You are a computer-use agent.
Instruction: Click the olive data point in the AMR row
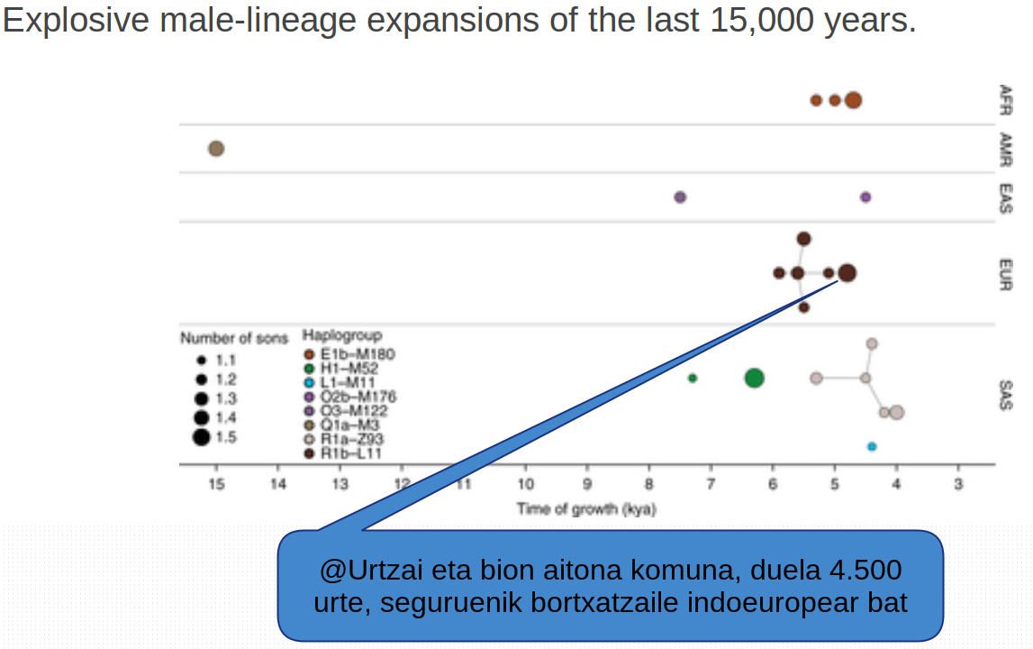tap(216, 149)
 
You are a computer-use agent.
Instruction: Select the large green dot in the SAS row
tap(754, 378)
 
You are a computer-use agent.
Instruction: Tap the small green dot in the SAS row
tap(693, 378)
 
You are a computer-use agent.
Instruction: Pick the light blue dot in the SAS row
tap(872, 446)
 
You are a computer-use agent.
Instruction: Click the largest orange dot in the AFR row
tap(853, 100)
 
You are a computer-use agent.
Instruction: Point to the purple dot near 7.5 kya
tap(680, 197)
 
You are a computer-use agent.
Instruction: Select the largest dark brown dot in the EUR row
tap(847, 273)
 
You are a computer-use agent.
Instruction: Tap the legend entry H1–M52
tap(347, 369)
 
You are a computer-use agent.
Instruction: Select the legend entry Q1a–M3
tap(348, 425)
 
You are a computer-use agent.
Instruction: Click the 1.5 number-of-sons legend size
tap(201, 438)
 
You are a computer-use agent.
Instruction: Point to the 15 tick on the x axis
tap(216, 484)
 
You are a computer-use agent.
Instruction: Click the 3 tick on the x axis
tap(957, 484)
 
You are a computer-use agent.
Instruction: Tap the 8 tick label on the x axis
tap(648, 484)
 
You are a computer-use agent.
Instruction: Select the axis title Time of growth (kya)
tap(586, 509)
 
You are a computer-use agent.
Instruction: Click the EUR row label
tap(1006, 274)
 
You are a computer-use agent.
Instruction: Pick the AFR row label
tap(1006, 98)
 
